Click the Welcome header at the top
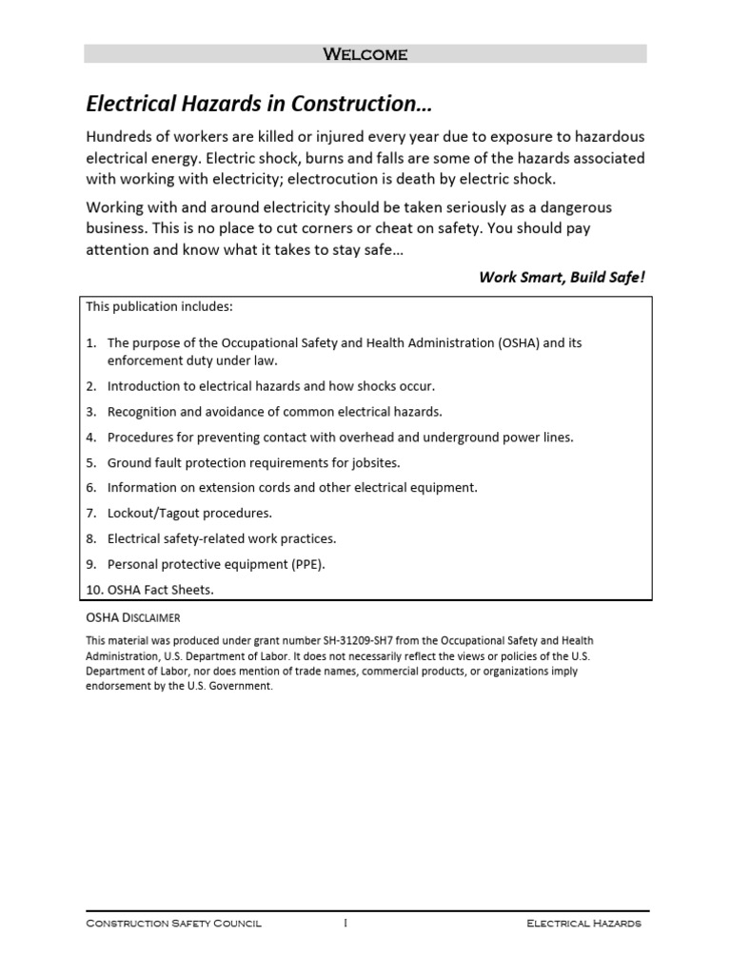[x=365, y=54]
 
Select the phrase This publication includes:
[x=159, y=306]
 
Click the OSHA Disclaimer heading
[x=132, y=617]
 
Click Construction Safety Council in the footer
[x=173, y=924]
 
